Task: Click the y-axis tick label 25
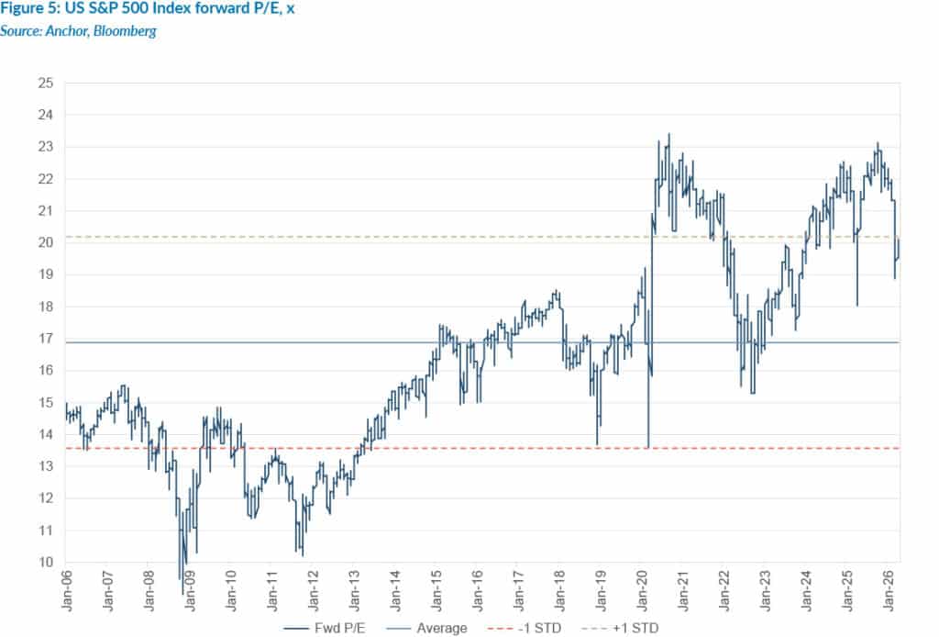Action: point(47,84)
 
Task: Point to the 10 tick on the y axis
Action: point(47,563)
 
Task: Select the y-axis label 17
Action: point(47,339)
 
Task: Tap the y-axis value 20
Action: point(47,243)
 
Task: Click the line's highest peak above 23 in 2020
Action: point(668,134)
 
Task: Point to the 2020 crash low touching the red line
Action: point(647,447)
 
